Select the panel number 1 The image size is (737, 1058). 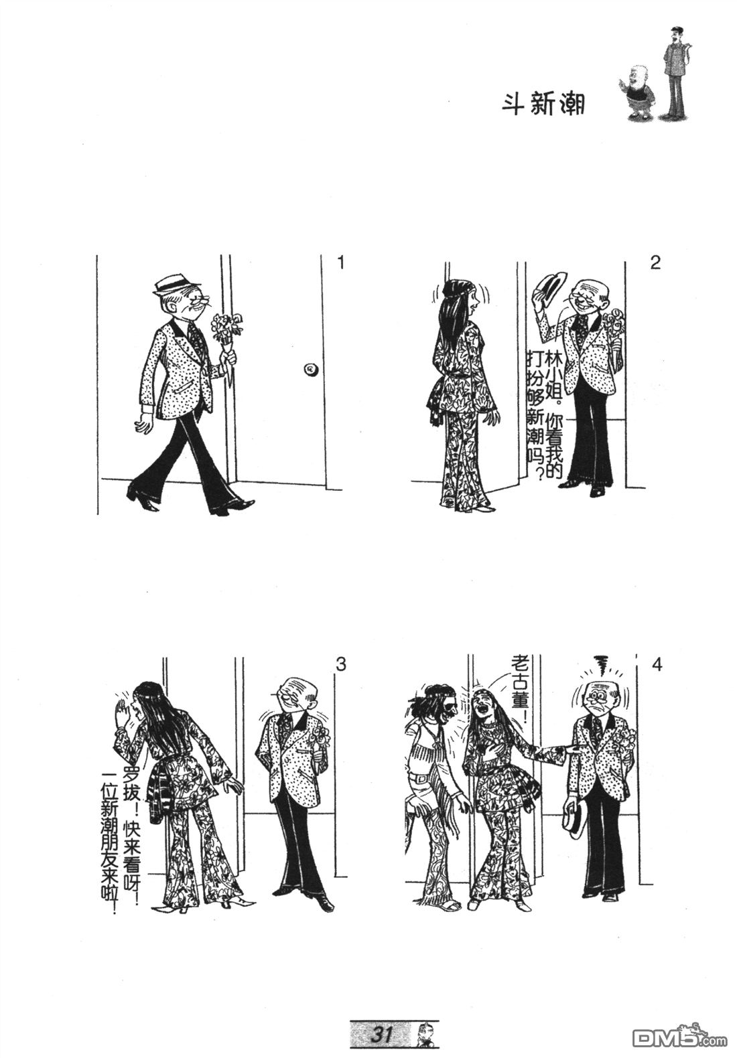(340, 262)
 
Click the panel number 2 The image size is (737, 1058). (655, 262)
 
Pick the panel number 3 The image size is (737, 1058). (340, 664)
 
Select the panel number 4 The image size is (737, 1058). (657, 664)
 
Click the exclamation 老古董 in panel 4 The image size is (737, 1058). (519, 685)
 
